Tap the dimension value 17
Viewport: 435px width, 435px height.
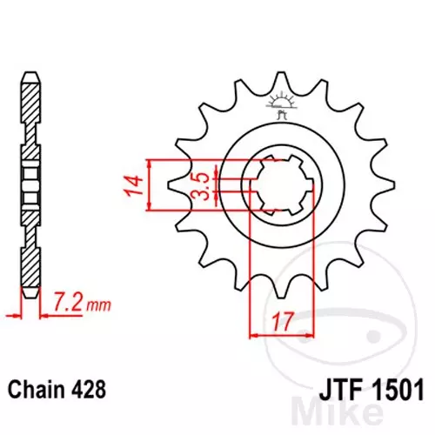281,322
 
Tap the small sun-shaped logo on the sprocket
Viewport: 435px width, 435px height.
281,103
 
